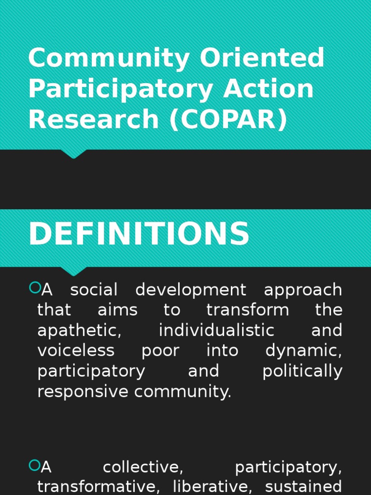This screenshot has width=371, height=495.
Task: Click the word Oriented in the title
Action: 262,58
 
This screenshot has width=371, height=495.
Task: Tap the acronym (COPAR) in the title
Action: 228,119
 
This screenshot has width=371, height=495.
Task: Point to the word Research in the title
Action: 94,119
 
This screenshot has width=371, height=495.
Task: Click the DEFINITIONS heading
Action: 139,234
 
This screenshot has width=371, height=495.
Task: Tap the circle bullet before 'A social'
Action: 35,288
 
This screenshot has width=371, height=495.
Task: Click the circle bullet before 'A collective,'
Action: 35,466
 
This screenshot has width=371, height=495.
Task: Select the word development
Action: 191,290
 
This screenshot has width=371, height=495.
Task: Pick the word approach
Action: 303,290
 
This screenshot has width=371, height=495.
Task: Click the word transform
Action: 247,310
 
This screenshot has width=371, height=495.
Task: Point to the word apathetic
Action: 79,331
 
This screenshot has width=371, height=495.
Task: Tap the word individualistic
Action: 216,331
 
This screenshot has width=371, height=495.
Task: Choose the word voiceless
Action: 76,350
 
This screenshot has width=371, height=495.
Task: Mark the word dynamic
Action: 303,351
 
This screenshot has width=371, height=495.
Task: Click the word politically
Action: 302,371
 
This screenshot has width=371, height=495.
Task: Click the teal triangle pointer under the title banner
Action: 73,154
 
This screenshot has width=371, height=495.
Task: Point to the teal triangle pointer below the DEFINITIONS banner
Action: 73,271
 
